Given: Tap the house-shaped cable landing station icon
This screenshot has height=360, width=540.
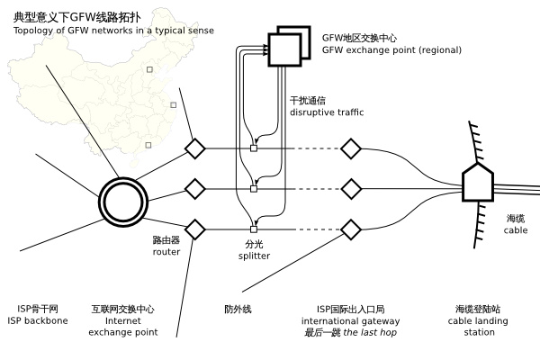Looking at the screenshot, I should point(477,183).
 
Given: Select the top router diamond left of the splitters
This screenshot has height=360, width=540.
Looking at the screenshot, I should point(195,148).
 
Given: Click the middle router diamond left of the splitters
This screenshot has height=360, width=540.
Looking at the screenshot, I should point(195,188).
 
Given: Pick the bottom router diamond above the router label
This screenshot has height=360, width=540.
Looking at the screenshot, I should point(195,229).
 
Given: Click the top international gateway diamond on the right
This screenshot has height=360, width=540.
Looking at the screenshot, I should point(350,148).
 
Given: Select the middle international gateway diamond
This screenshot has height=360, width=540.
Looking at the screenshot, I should point(350,188).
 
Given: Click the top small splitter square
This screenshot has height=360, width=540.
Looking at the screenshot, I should point(254,148).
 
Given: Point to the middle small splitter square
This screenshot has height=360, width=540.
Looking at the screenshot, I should point(254,188).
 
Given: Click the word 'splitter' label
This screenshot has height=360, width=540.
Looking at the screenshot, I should point(254,256).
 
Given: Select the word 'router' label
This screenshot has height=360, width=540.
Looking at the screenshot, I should point(166,252).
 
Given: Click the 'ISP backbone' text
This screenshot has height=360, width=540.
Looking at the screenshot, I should point(38,320).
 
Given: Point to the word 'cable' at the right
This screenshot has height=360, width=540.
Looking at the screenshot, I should point(516,230).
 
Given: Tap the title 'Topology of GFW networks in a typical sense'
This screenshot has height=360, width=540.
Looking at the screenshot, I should point(113,31).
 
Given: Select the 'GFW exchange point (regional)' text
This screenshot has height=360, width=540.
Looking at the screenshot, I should point(391,50).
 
